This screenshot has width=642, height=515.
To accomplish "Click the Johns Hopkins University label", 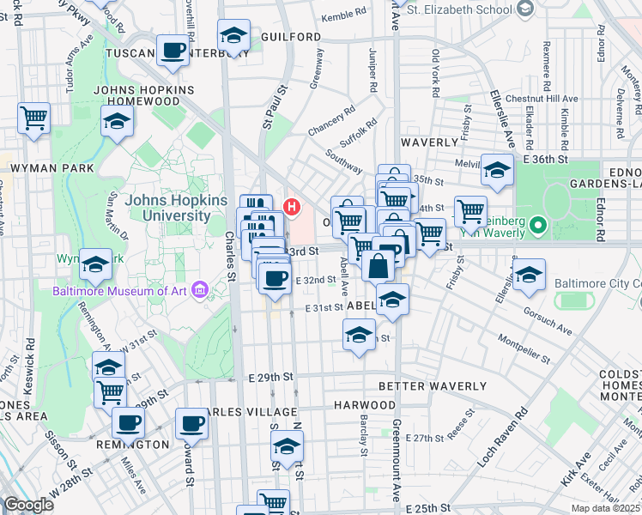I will (x=167, y=207).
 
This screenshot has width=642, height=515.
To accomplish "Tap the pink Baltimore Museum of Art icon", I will (x=200, y=288).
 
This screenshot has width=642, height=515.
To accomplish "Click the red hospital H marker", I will (x=293, y=207).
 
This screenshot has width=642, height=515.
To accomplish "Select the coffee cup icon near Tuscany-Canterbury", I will (x=173, y=51).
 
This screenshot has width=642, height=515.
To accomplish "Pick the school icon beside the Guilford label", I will (x=233, y=36).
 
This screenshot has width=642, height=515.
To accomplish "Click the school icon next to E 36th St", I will (x=497, y=169).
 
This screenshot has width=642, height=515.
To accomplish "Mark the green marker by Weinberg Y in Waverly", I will (x=538, y=227).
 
